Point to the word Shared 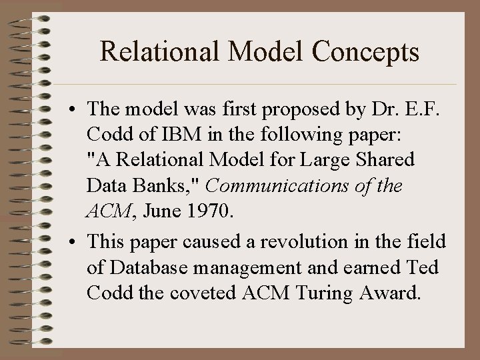tap(385, 160)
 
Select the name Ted tap(421, 268)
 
